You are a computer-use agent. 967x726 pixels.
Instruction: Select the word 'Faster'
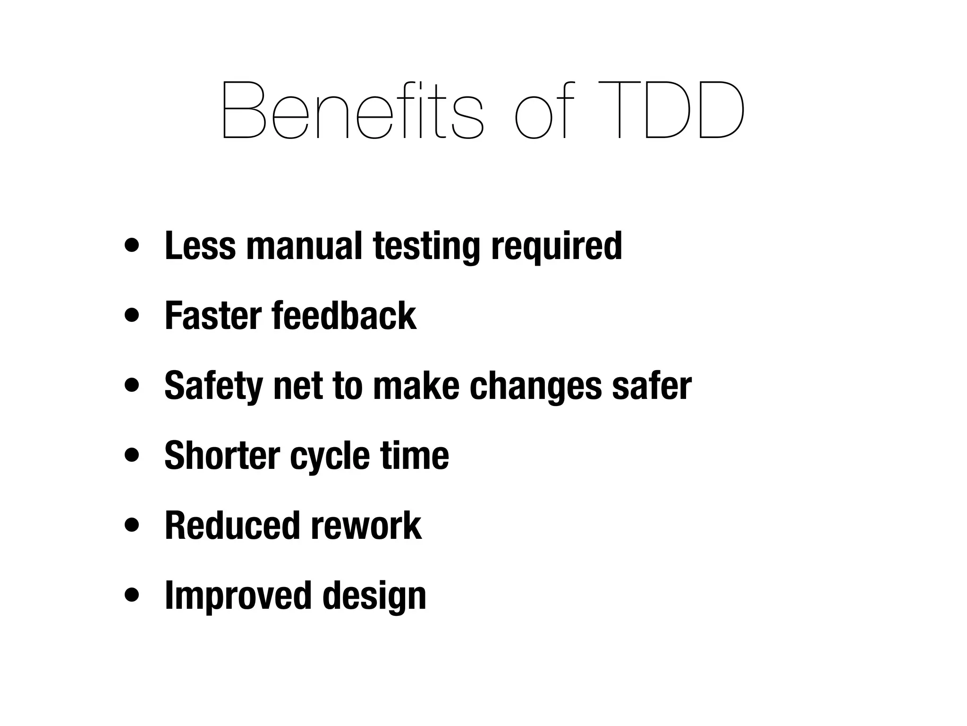click(x=213, y=316)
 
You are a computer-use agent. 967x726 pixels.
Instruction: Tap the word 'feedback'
click(x=344, y=316)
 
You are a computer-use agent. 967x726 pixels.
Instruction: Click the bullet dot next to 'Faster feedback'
click(x=132, y=316)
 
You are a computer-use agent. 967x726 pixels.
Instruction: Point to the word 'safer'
click(x=652, y=386)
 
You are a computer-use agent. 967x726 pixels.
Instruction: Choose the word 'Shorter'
click(x=222, y=456)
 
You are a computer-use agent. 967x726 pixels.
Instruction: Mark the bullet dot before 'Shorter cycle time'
click(x=132, y=456)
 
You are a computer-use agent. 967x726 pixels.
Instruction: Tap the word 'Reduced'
click(x=232, y=526)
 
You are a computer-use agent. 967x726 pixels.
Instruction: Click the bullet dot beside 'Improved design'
click(x=132, y=596)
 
